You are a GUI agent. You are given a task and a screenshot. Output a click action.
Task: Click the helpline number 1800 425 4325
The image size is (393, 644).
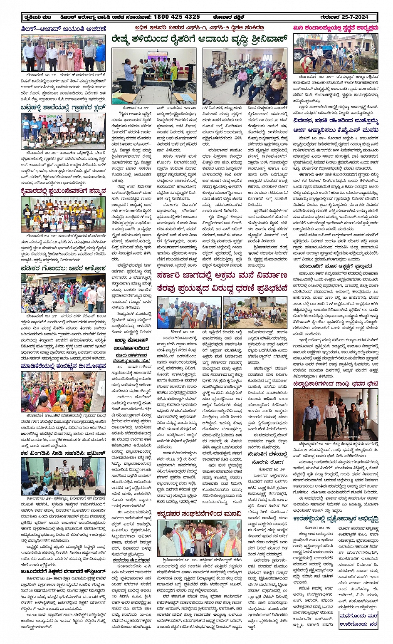click(x=177, y=17)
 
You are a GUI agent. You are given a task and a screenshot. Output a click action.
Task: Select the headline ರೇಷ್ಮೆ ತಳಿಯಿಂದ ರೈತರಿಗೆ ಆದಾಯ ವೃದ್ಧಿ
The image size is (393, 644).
click(x=199, y=40)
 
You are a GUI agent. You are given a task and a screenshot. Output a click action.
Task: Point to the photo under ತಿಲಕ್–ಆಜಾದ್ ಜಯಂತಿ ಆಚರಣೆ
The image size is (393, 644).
click(x=63, y=53)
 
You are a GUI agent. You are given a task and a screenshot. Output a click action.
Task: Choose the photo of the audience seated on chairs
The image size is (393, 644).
click(x=245, y=76)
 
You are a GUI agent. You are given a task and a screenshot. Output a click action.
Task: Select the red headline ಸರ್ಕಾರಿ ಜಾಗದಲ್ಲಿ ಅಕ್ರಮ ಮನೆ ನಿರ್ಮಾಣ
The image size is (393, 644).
click(x=222, y=275)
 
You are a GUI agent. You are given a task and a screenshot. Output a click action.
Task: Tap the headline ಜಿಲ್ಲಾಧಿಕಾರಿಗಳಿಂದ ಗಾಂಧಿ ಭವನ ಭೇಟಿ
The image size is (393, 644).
click(x=335, y=384)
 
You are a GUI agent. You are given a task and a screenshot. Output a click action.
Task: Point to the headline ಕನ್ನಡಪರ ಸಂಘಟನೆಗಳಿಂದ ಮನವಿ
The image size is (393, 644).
click(x=199, y=514)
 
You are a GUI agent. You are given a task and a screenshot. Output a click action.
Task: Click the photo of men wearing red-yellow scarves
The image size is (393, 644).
click(x=199, y=539)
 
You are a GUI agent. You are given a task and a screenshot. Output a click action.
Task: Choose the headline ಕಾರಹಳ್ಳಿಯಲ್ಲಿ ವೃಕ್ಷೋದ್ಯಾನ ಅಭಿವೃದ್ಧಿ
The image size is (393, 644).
click(x=335, y=519)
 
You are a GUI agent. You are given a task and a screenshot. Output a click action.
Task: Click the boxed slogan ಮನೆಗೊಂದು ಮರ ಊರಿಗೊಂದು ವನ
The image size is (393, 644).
click(x=358, y=619)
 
